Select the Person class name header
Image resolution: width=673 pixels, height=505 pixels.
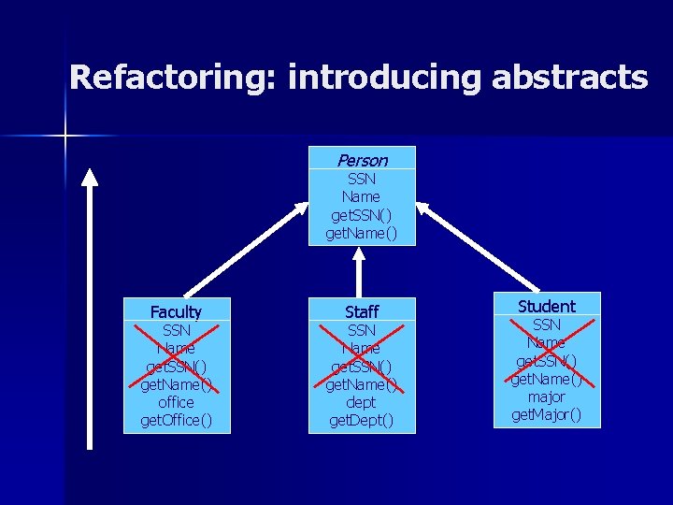[x=362, y=160]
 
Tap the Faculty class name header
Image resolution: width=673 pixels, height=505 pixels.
[x=176, y=311]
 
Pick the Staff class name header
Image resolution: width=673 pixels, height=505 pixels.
[x=361, y=311]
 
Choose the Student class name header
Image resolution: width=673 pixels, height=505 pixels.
[x=547, y=306]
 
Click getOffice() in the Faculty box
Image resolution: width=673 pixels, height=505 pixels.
[x=176, y=420]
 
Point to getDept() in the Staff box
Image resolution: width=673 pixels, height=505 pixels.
[x=361, y=420]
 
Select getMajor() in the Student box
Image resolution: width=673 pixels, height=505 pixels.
[x=547, y=414]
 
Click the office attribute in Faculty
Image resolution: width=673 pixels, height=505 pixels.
[x=176, y=402]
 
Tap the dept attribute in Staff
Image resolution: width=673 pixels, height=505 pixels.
[x=361, y=402]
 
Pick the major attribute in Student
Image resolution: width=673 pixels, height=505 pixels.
[x=547, y=397]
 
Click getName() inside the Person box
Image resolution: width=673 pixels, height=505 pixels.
[x=361, y=233]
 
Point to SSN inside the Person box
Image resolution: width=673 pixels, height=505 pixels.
[x=361, y=179]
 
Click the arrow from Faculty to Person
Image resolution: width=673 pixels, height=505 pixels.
[x=243, y=248]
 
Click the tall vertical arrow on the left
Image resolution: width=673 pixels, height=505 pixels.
[x=89, y=309]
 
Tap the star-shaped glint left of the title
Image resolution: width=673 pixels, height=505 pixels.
[x=65, y=137]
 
